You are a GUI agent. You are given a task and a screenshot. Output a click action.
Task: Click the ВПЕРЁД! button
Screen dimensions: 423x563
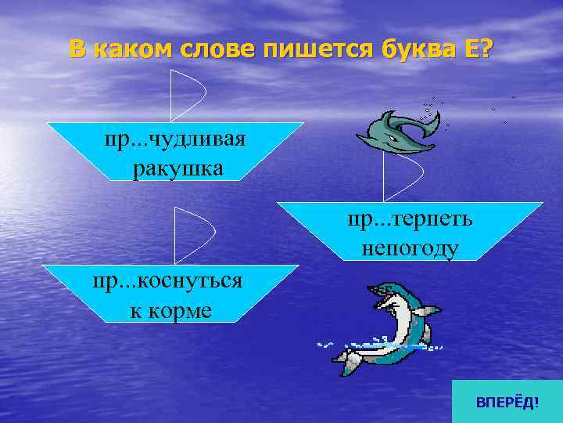coord(507,402)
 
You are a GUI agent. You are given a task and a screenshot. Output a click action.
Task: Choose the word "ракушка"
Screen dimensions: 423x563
coord(178,167)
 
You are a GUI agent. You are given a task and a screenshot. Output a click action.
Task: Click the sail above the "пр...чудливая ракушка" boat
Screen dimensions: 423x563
coord(188,94)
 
